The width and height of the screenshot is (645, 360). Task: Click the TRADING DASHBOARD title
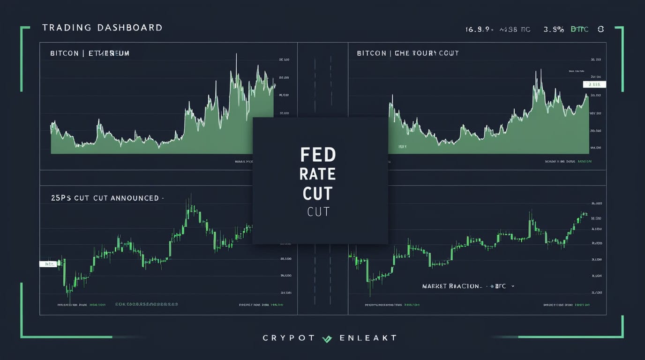coord(102,28)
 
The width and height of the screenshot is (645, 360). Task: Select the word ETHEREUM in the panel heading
coord(108,53)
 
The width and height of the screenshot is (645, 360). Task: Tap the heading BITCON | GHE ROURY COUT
coord(407,53)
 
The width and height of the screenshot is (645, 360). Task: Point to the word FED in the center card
coord(317,155)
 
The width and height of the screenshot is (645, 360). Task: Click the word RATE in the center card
coord(317,174)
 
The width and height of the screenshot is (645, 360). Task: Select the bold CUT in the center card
coord(317,194)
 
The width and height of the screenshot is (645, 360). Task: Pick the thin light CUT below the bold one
coord(318,212)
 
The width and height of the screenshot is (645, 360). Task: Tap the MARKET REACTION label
coord(451,286)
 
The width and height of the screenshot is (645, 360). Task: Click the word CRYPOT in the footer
coord(288,338)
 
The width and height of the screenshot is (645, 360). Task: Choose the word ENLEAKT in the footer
coord(368,338)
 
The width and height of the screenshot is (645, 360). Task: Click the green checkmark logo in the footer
coord(327,338)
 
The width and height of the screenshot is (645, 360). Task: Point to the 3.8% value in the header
coord(554,29)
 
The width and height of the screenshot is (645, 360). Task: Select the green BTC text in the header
coord(579,29)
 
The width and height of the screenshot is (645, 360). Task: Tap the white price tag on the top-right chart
coord(594,84)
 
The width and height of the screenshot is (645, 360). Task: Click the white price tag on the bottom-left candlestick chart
coord(48,264)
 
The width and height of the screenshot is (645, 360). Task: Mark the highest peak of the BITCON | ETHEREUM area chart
coord(236,55)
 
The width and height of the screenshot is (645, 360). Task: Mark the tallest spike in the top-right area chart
coord(540,70)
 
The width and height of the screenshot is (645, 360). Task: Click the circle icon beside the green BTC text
coord(600,29)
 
